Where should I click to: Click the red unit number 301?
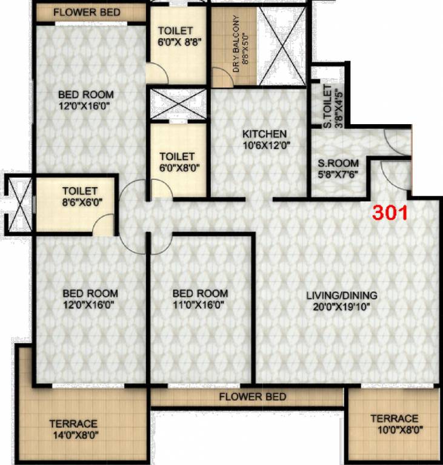click(x=391, y=214)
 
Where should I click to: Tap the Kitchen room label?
click(x=264, y=134)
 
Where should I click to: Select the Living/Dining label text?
click(x=341, y=295)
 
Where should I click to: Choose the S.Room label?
click(x=339, y=163)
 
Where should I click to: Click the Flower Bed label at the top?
click(x=87, y=12)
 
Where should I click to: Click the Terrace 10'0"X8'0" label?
click(x=394, y=424)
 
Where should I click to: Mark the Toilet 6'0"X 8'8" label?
click(x=175, y=36)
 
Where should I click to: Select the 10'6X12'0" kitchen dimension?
click(x=264, y=145)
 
